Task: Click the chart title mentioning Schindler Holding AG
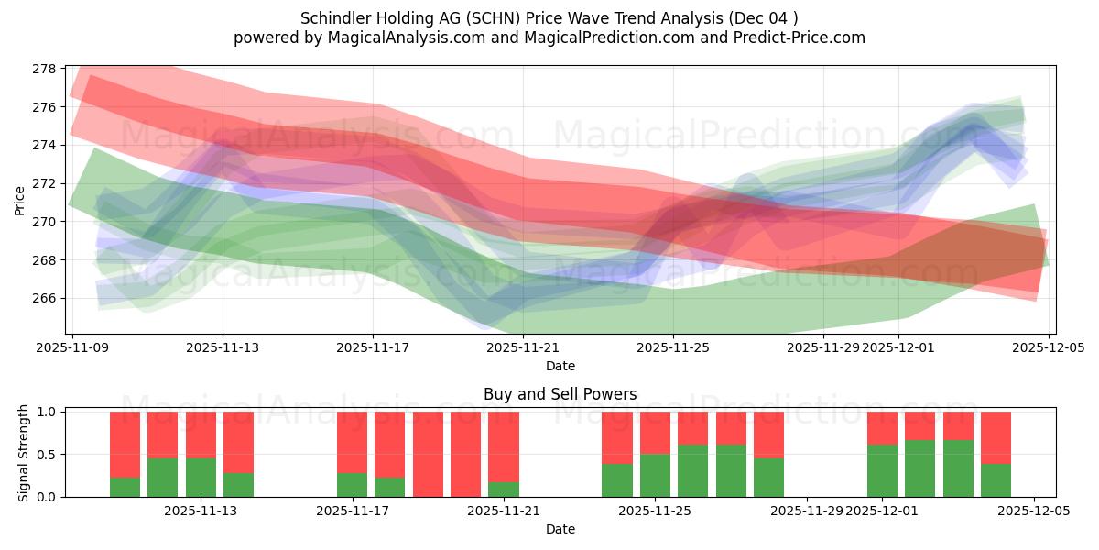point(549,17)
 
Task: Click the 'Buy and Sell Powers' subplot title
point(560,395)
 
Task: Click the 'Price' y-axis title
point(20,200)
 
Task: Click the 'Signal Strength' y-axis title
point(24,454)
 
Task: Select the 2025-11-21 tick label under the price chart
point(523,347)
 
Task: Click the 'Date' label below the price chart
point(560,366)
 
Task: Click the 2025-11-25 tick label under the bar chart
point(656,511)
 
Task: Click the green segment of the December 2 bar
point(919,468)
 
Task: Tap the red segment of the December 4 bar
point(996,437)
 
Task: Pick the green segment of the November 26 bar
point(693,470)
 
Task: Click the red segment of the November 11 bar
point(162,434)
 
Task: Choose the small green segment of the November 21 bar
point(503,489)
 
